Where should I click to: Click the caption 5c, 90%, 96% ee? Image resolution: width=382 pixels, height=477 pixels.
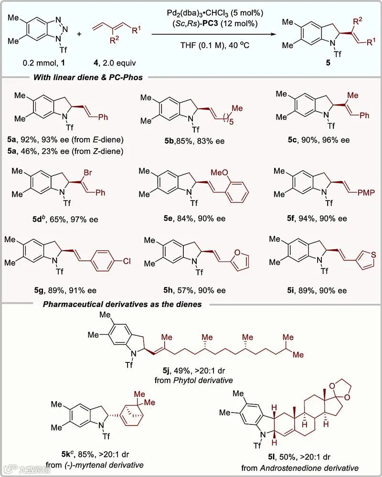[x=315, y=140]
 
